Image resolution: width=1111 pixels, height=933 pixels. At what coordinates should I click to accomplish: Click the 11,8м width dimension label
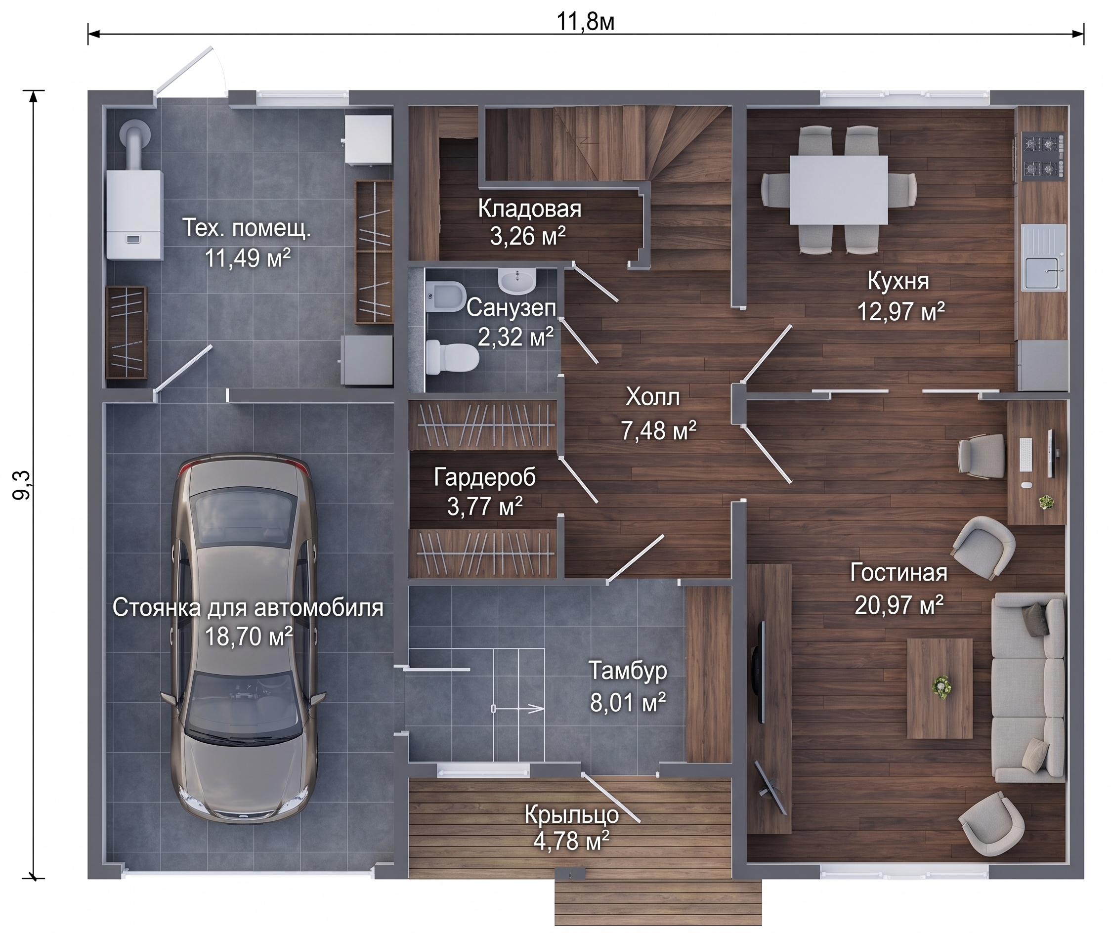585,22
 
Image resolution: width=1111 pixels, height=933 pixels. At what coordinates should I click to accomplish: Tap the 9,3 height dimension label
23,485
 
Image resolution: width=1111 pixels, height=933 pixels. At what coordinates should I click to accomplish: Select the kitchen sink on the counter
1043,257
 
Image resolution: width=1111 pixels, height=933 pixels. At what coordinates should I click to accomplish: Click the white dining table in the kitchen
839,189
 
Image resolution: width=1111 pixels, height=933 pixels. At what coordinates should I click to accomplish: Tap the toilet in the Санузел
452,357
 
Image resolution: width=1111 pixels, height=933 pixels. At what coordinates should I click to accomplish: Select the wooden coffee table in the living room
940,688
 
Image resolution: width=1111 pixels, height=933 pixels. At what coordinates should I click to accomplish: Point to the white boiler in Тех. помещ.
134,214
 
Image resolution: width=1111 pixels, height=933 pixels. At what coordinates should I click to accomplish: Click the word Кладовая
530,209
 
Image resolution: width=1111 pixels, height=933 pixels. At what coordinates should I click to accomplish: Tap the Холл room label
653,397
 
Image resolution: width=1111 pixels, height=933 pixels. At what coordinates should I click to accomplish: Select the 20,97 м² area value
899,604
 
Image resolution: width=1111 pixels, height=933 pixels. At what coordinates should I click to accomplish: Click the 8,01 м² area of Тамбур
628,702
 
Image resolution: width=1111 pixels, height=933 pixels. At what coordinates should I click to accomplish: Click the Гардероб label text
485,477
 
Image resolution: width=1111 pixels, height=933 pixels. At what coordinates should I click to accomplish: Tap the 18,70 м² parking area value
249,636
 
